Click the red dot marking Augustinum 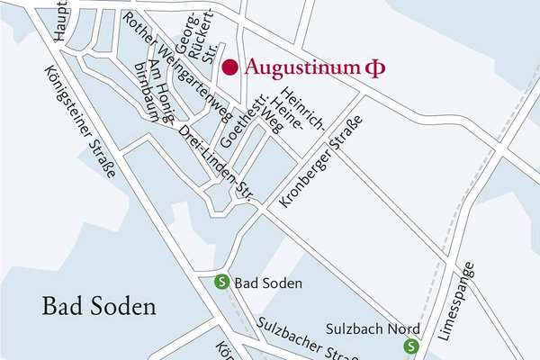click(x=230, y=67)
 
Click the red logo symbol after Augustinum click(x=368, y=67)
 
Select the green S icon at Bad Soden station click(x=220, y=283)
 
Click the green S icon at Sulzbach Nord click(x=411, y=346)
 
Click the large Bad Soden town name click(x=99, y=306)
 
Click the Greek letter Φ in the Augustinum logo click(x=368, y=67)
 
